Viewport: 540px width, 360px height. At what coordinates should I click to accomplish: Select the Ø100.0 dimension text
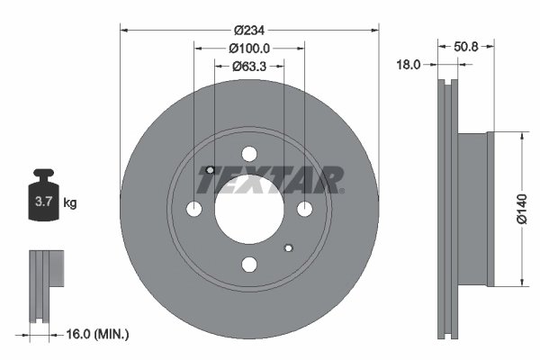coord(249,47)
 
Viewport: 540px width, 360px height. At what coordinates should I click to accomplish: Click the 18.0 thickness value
coord(411,64)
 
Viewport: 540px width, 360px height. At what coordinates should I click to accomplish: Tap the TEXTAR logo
coord(270,180)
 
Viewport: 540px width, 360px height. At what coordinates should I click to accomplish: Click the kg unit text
coord(70,203)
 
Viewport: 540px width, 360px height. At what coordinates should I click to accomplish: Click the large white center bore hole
coord(249,209)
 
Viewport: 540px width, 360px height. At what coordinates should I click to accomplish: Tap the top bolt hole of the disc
coord(249,154)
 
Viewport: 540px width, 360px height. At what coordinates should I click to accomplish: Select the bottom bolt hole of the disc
coord(249,264)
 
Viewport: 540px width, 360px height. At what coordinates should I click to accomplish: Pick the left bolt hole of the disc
coord(194,209)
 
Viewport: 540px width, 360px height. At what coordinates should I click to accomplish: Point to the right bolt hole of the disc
coord(304,209)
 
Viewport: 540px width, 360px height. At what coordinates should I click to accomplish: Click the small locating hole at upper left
coord(210,170)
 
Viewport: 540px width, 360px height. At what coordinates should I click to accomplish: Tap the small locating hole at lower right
coord(289,247)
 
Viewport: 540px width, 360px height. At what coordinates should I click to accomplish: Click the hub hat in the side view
coord(474,209)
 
